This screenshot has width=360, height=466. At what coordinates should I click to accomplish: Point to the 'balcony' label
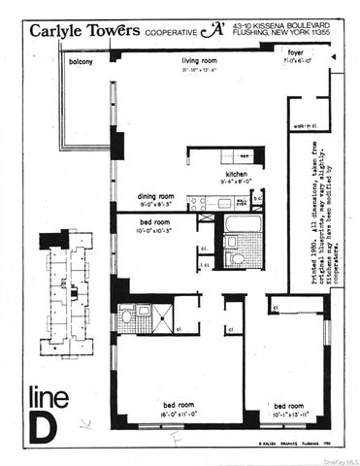click(81, 62)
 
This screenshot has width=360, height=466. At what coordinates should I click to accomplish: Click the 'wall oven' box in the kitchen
click(241, 203)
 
